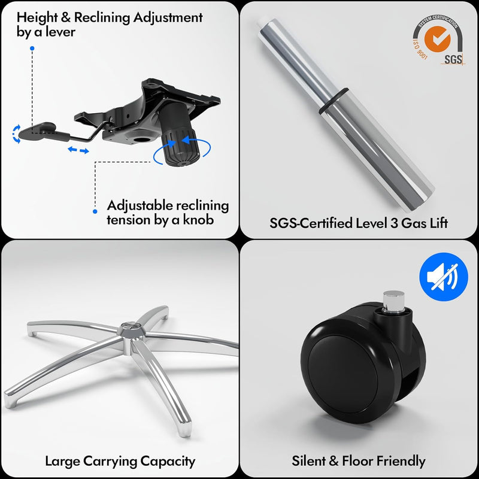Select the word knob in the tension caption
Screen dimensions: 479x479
198,220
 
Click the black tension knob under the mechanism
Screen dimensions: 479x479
181,148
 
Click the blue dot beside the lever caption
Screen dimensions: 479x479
32,48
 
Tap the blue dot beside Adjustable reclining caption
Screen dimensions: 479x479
95,211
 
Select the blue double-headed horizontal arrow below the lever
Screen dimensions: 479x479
78,150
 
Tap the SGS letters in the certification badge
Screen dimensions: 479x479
453,59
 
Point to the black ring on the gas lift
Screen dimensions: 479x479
334,101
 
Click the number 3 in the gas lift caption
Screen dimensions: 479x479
394,223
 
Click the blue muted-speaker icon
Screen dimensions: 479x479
444,277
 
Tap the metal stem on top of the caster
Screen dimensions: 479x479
393,302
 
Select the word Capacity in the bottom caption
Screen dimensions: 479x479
168,461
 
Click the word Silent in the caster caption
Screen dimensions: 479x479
308,460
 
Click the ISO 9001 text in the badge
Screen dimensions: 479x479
420,49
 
